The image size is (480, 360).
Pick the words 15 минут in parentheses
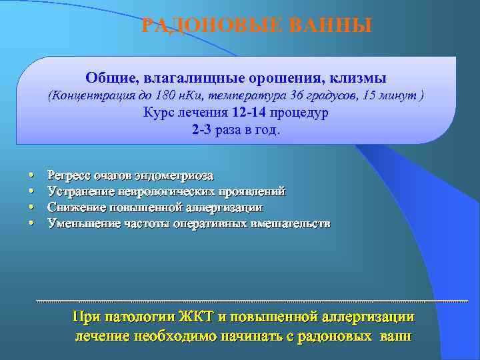tap(389, 95)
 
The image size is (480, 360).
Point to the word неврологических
tap(164, 191)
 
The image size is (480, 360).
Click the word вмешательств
tap(291, 223)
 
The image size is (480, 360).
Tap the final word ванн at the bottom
tap(395, 335)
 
